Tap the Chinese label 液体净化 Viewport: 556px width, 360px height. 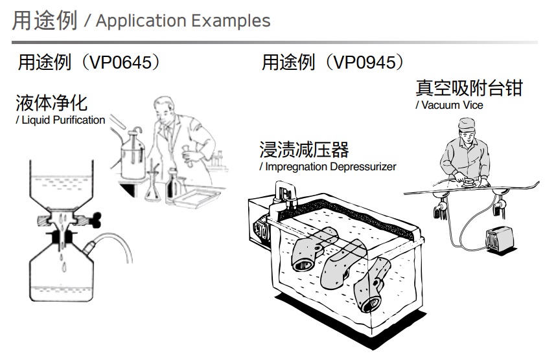point(51,103)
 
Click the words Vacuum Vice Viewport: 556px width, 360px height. point(452,105)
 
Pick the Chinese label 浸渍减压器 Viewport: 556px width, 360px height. point(304,150)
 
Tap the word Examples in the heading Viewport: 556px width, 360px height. point(229,21)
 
